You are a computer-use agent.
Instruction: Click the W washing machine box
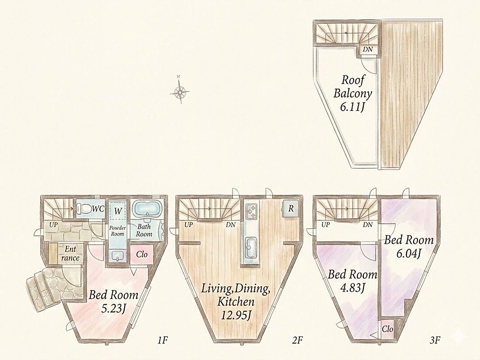coord(117,210)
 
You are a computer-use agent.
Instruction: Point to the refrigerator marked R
coord(290,209)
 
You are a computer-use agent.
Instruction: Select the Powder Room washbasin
coord(117,256)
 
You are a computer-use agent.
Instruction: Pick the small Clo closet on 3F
coord(387,330)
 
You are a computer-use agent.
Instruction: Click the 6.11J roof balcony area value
coord(352,107)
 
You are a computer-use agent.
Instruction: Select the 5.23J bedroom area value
coord(114,309)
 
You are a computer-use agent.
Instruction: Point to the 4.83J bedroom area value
coord(352,288)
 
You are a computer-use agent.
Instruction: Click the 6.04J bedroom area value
coord(409,253)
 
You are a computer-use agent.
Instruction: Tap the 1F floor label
coord(163,340)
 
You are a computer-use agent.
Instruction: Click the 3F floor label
coord(435,340)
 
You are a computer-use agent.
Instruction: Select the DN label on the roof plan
coord(368,49)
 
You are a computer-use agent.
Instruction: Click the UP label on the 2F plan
coord(189,225)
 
